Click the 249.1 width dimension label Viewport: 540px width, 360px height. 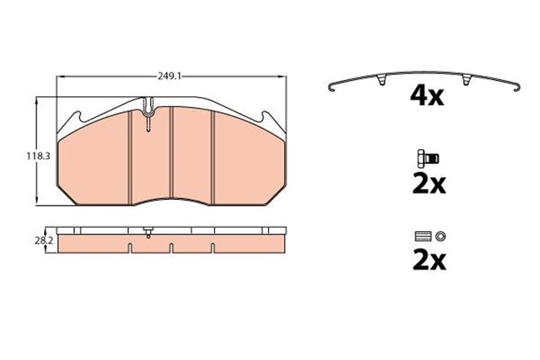point(170,76)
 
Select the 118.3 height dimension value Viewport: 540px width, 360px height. point(38,156)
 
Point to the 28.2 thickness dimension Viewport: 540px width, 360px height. point(43,241)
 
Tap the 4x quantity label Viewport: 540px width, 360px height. point(427,96)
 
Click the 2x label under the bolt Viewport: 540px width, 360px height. point(429,185)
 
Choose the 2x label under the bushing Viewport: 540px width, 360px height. point(429,261)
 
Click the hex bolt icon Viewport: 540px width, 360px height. point(428,158)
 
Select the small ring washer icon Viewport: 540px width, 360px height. point(440,236)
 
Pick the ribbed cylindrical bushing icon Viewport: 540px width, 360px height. point(424,236)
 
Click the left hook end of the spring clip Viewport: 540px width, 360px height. point(332,89)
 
